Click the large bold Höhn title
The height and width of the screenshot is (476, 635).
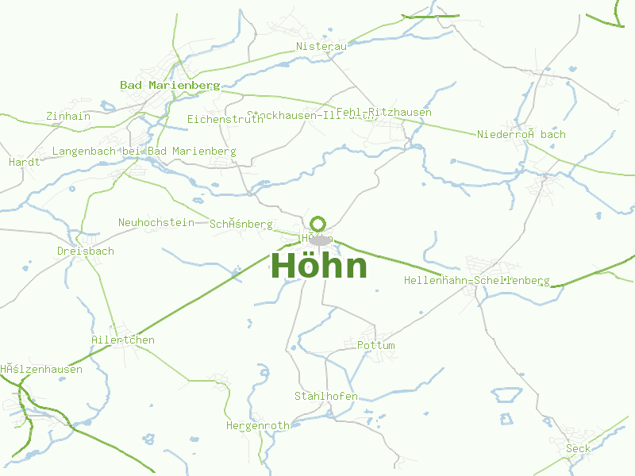(x=319, y=267)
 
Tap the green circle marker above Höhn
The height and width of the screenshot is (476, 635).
(x=318, y=224)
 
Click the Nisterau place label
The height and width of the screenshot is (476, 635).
(x=321, y=47)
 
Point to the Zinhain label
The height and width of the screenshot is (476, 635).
(x=68, y=117)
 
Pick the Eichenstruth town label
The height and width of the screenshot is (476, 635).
(x=225, y=119)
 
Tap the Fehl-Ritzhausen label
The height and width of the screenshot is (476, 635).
(x=384, y=113)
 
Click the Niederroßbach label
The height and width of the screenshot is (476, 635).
(x=521, y=134)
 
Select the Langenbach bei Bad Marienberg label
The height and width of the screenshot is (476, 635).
(x=144, y=151)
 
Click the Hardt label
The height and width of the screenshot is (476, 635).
(x=24, y=162)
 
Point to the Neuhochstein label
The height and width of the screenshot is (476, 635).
(x=156, y=222)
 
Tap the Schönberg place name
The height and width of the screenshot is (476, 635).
(x=241, y=225)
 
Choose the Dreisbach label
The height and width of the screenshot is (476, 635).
(x=85, y=251)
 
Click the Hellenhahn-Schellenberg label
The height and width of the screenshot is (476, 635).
(x=476, y=281)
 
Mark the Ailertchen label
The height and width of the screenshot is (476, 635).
(x=122, y=340)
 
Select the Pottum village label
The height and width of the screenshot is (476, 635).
(x=375, y=346)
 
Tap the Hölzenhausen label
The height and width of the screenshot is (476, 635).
(x=41, y=370)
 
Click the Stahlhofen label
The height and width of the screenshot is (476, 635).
(x=325, y=396)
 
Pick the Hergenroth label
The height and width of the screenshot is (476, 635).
(x=257, y=426)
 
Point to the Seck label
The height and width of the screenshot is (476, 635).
(x=578, y=449)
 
